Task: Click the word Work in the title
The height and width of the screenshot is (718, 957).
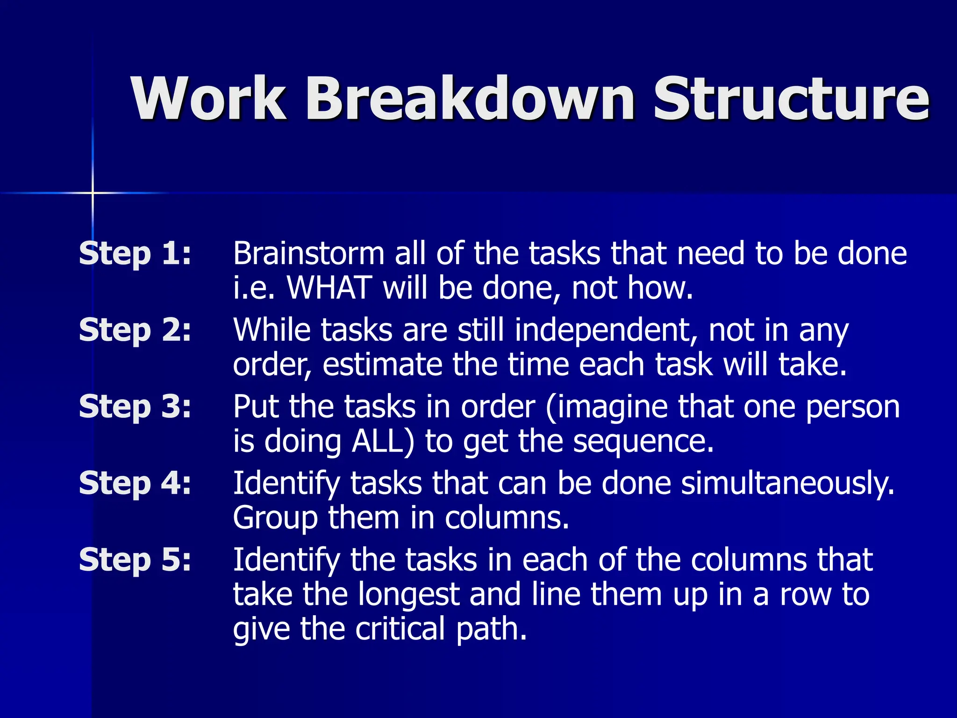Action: [x=208, y=99]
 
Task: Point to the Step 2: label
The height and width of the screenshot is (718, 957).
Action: [x=135, y=330]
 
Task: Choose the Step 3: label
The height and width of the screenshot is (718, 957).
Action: [x=135, y=407]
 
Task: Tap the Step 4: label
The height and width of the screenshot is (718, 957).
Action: [x=135, y=483]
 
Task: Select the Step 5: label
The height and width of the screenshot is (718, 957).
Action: [x=135, y=560]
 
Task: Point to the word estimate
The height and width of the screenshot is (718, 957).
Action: [x=382, y=365]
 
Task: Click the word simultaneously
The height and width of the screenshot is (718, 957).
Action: [x=788, y=484]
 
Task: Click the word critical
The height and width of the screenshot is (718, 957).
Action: [x=400, y=629]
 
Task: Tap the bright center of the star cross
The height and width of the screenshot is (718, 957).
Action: [x=93, y=193]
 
